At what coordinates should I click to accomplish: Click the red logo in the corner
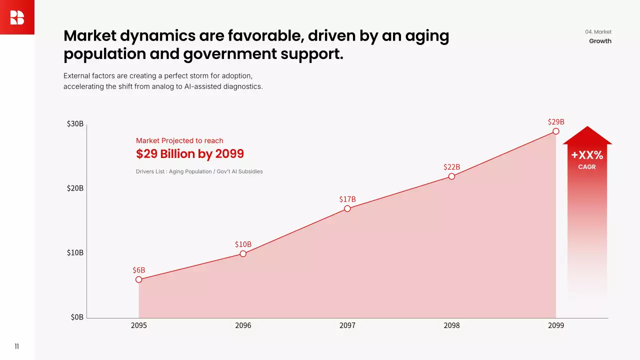[x=17, y=17]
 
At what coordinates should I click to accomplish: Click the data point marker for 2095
[x=139, y=279]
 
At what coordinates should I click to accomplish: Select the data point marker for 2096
[x=243, y=253]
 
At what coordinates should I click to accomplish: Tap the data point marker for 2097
[x=347, y=208]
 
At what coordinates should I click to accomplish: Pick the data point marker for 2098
[x=451, y=176]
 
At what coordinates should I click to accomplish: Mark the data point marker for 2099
[x=556, y=131]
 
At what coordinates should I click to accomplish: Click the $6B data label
[x=139, y=270]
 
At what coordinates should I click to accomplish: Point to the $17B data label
[x=347, y=199]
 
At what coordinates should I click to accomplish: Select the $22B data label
[x=451, y=166]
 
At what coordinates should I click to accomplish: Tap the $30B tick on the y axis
[x=75, y=124]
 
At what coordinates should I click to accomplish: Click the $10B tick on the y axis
[x=75, y=252]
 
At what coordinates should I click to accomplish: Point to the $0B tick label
[x=77, y=317]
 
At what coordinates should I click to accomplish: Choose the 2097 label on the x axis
[x=347, y=325]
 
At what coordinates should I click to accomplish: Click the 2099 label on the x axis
[x=556, y=325]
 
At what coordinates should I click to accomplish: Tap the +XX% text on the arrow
[x=587, y=155]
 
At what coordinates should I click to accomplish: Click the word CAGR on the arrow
[x=587, y=167]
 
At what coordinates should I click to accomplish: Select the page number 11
[x=16, y=346]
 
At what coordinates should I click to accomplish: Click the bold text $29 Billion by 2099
[x=190, y=153]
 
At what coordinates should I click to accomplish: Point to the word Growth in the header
[x=600, y=41]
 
